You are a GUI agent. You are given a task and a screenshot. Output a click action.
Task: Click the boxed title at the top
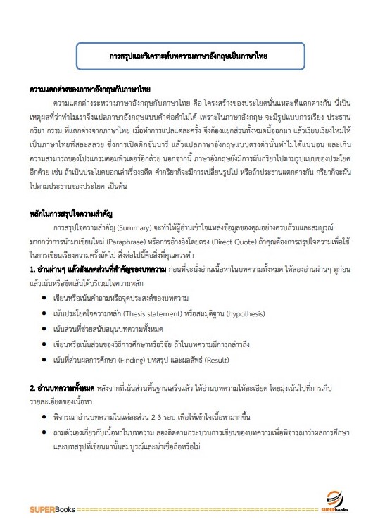click(187, 54)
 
